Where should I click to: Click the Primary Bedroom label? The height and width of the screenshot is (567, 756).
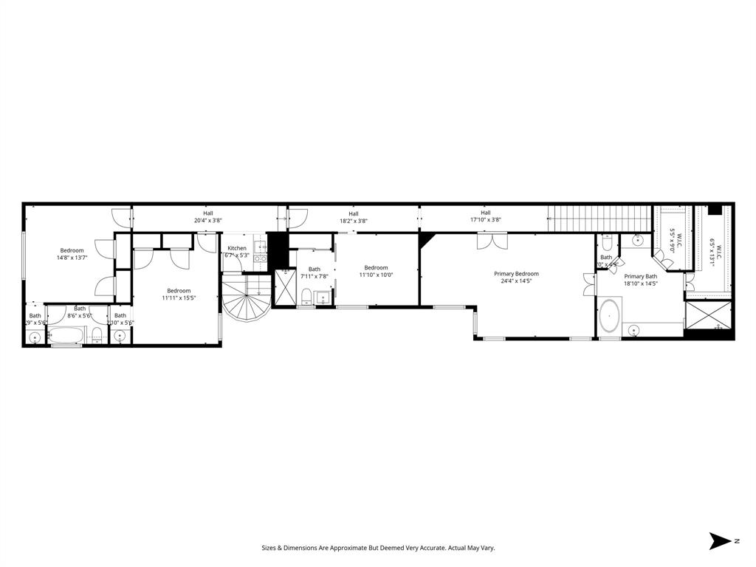tap(516, 273)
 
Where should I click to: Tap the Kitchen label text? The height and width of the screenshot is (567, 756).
tap(237, 248)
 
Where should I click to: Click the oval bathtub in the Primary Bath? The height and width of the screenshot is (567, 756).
tap(609, 315)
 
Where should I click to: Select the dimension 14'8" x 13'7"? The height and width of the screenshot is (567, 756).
tap(72, 258)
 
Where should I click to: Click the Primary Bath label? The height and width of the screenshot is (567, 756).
tap(640, 276)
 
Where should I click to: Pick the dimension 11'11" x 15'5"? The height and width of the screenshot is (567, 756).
tap(179, 298)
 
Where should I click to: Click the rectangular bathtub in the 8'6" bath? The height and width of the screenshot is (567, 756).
tap(68, 336)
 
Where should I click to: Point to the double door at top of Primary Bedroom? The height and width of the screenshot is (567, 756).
tap(492, 242)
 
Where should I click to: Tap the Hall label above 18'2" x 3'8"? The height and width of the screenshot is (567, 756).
tap(354, 213)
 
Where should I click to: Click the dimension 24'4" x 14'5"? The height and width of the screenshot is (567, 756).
tap(516, 281)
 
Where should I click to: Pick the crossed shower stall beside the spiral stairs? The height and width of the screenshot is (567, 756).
tap(284, 288)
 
